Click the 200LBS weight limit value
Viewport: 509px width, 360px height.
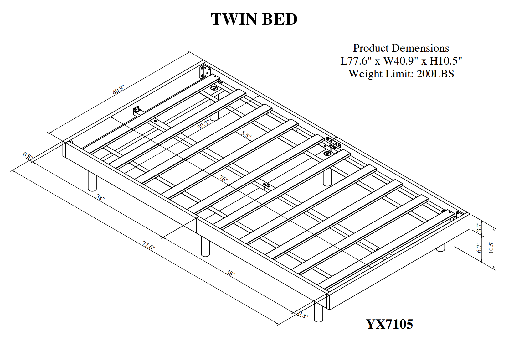tap(435, 74)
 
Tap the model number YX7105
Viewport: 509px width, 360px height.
tap(389, 324)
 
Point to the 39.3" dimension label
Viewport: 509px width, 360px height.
tap(203, 125)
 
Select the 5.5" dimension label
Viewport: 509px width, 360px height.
tap(246, 135)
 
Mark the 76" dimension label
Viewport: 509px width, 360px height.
tap(224, 179)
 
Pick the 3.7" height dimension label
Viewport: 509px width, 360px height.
tap(479, 227)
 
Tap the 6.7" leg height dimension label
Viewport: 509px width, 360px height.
tap(479, 248)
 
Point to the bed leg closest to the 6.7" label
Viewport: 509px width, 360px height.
tap(441, 248)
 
